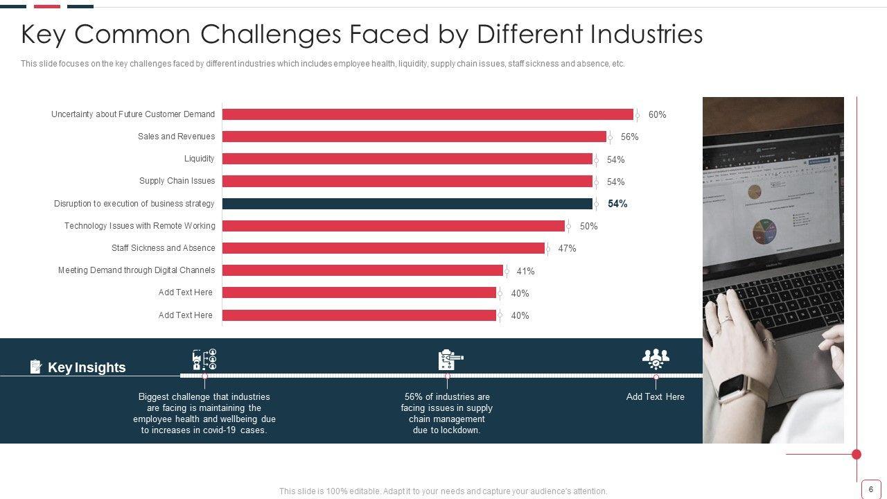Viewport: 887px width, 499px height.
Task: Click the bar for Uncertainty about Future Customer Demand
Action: pyautogui.click(x=428, y=114)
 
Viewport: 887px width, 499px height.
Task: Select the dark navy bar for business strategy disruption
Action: pyautogui.click(x=407, y=204)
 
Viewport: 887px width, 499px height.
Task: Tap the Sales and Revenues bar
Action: pyautogui.click(x=414, y=137)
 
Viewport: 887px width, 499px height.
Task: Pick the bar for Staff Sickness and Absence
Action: pyautogui.click(x=383, y=248)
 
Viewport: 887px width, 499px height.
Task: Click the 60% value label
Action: pyautogui.click(x=657, y=115)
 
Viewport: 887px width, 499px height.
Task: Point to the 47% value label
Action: pyautogui.click(x=567, y=249)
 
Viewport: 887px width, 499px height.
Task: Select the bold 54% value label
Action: pyautogui.click(x=617, y=204)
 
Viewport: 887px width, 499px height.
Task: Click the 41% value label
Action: pyautogui.click(x=525, y=271)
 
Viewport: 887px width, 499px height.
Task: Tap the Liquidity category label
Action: pyautogui.click(x=200, y=159)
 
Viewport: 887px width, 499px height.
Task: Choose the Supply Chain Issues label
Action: pyautogui.click(x=177, y=181)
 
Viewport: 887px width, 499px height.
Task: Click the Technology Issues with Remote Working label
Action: pyautogui.click(x=140, y=226)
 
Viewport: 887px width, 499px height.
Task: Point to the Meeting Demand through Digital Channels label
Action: pyautogui.click(x=137, y=270)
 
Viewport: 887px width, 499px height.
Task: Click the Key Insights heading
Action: pyautogui.click(x=87, y=367)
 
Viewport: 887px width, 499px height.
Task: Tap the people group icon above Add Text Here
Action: pyautogui.click(x=656, y=358)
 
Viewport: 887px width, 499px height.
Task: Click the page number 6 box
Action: pyautogui.click(x=871, y=489)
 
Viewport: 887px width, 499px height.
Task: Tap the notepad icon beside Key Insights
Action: pyautogui.click(x=36, y=367)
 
